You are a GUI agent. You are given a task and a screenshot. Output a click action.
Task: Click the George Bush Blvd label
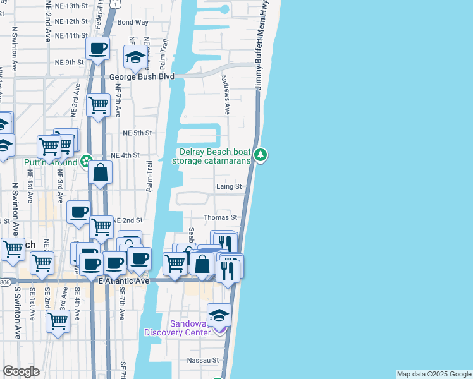point(142,77)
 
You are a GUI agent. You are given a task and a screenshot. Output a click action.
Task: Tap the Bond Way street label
point(133,22)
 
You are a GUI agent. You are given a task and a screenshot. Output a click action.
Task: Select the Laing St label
point(229,187)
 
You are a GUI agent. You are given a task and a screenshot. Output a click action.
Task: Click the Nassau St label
point(202,361)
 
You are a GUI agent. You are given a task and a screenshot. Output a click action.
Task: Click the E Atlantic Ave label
point(124,280)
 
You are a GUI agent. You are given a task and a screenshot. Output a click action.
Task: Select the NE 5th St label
point(138,133)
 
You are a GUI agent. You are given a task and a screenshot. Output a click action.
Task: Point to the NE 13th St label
point(71,6)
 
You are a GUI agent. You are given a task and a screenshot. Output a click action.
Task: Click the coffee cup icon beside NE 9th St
point(98,48)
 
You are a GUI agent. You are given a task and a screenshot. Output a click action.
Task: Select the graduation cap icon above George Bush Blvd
point(135,57)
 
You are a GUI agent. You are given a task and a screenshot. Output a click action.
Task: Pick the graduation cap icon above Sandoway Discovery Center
point(219,315)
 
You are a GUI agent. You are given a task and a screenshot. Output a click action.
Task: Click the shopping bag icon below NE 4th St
point(101,172)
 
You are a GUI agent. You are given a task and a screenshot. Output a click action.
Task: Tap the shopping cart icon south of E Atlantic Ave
point(58,320)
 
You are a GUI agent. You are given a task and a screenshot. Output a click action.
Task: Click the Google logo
point(21,371)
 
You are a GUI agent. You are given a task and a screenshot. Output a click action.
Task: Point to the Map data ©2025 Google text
point(433,374)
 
